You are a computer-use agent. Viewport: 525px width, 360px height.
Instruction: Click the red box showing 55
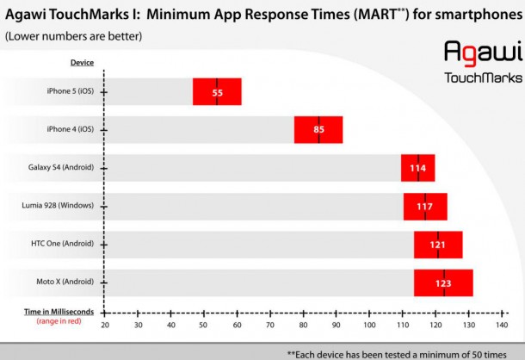coord(217,91)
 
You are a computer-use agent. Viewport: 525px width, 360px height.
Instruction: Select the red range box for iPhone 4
coord(318,130)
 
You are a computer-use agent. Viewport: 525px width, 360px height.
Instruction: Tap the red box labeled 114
coord(418,168)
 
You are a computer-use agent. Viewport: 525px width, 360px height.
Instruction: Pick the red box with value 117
coord(425,207)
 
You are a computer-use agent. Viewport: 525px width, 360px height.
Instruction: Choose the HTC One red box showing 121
coord(437,245)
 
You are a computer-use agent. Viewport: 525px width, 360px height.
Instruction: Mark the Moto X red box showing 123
coord(443,282)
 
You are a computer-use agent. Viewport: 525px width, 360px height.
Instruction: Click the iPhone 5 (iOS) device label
coord(71,91)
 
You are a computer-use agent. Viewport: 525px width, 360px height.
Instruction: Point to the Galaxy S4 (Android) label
coord(63,168)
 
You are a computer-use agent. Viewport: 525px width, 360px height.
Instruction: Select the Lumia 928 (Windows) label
coord(60,207)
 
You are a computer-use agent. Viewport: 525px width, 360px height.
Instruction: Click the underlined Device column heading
coord(82,63)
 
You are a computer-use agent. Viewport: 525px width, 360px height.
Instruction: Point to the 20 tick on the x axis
coord(105,326)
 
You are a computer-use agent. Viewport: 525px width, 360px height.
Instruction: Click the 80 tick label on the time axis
coord(303,326)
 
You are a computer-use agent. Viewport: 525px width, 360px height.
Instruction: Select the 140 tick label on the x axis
coord(501,326)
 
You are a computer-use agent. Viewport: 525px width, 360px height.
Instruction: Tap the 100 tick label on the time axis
coord(368,326)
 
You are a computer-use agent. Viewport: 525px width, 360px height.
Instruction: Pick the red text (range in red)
coord(59,321)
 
